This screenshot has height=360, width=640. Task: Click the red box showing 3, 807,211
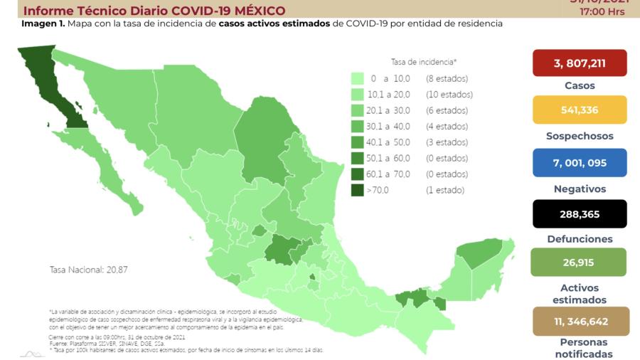(580, 63)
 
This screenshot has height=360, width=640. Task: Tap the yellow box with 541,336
(580, 110)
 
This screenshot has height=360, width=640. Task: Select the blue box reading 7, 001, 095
(580, 163)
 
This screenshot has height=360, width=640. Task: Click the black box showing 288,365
(580, 213)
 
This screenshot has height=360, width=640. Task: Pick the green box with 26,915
(580, 263)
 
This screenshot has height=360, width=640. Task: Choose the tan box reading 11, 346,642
(580, 322)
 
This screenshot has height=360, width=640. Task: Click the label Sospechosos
(580, 136)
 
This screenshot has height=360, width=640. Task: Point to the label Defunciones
(580, 239)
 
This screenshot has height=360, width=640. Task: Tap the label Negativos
(580, 189)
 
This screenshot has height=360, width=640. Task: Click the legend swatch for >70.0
(358, 190)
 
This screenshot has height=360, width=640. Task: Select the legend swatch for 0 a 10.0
(358, 78)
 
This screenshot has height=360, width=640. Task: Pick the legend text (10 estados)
(449, 95)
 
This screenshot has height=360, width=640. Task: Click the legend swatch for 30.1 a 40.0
(358, 126)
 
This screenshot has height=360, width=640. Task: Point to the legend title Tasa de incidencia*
(424, 61)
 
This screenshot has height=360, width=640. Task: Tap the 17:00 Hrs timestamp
(602, 12)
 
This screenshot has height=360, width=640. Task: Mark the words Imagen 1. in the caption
(43, 23)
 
